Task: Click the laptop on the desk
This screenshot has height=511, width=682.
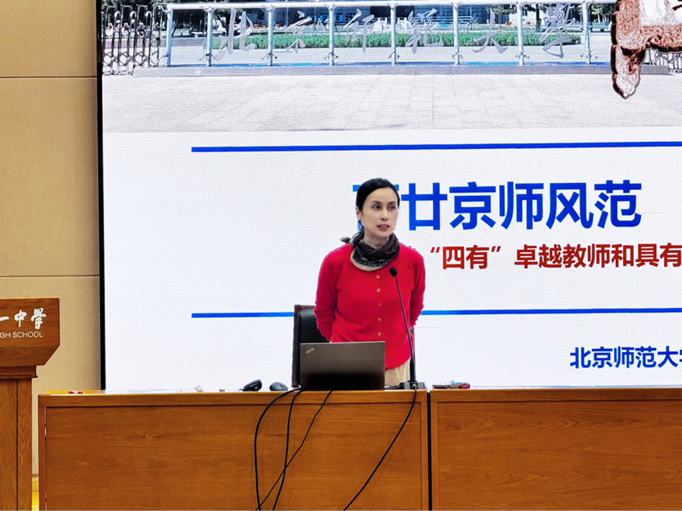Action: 343,365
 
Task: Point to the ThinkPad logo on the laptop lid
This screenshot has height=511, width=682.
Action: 309,350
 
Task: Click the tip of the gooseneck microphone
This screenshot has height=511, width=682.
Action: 393,272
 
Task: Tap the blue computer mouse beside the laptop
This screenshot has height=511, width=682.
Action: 278,386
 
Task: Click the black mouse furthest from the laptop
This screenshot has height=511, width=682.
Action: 252,385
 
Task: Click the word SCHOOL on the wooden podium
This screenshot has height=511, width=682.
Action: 29,334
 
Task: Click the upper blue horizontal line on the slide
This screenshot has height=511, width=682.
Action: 435,147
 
